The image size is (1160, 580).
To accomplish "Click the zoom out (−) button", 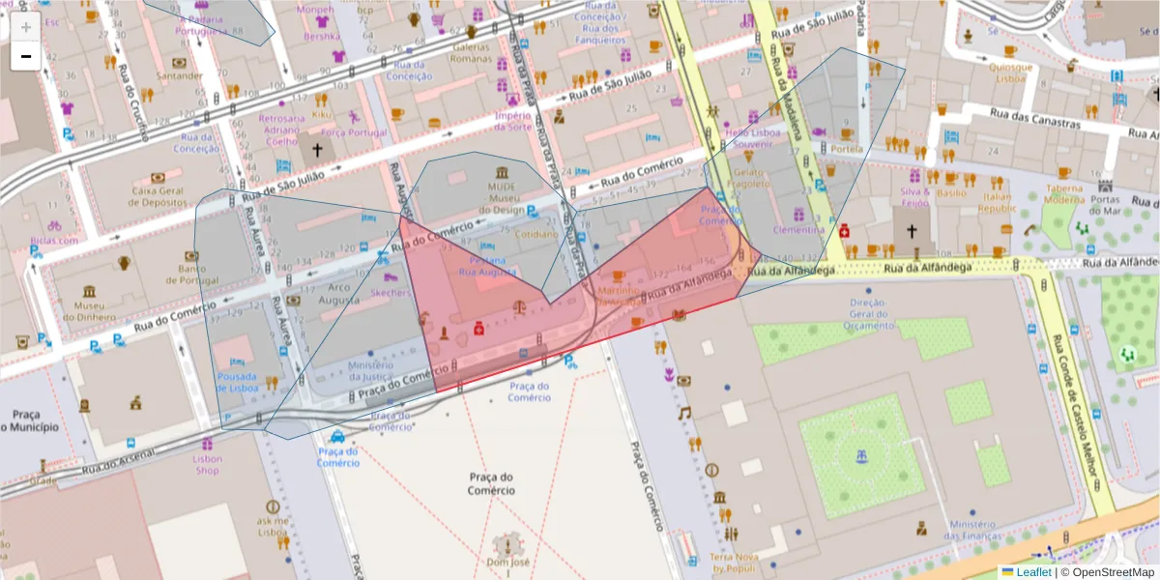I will pos(26,56).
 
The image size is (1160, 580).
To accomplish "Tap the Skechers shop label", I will pos(391,292).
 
